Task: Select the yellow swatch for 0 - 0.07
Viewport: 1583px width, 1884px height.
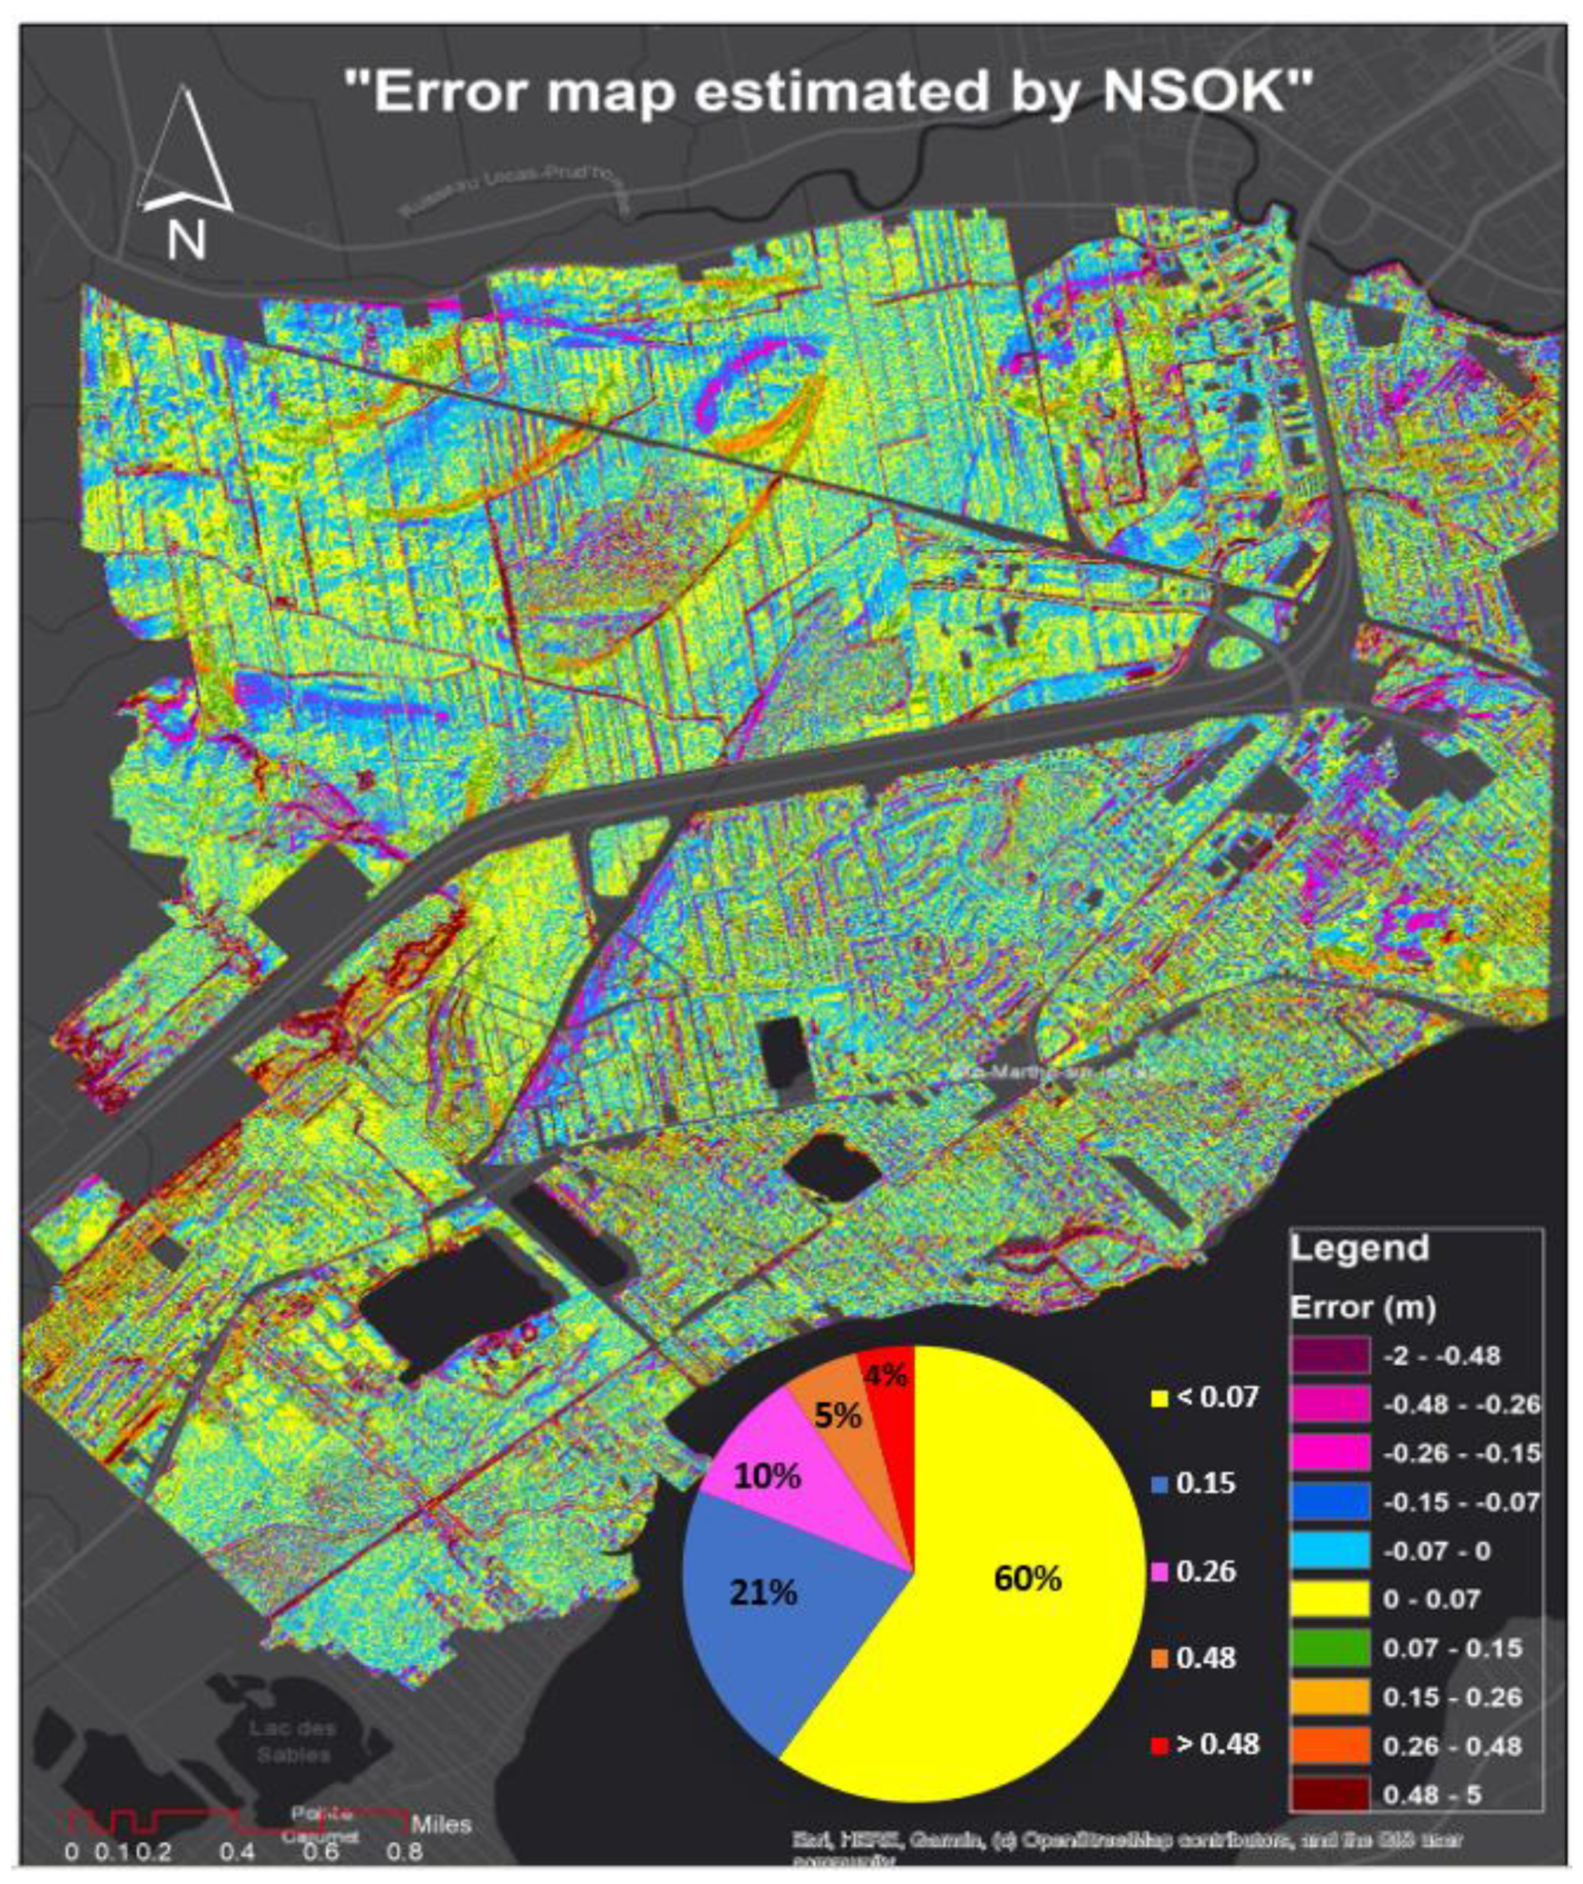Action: coord(1330,1600)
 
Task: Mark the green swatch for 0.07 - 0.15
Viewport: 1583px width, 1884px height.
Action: coord(1330,1648)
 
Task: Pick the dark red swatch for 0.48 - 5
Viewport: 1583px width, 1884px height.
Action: coord(1330,1795)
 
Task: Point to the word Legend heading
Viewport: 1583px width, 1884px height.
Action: coord(1359,1248)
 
